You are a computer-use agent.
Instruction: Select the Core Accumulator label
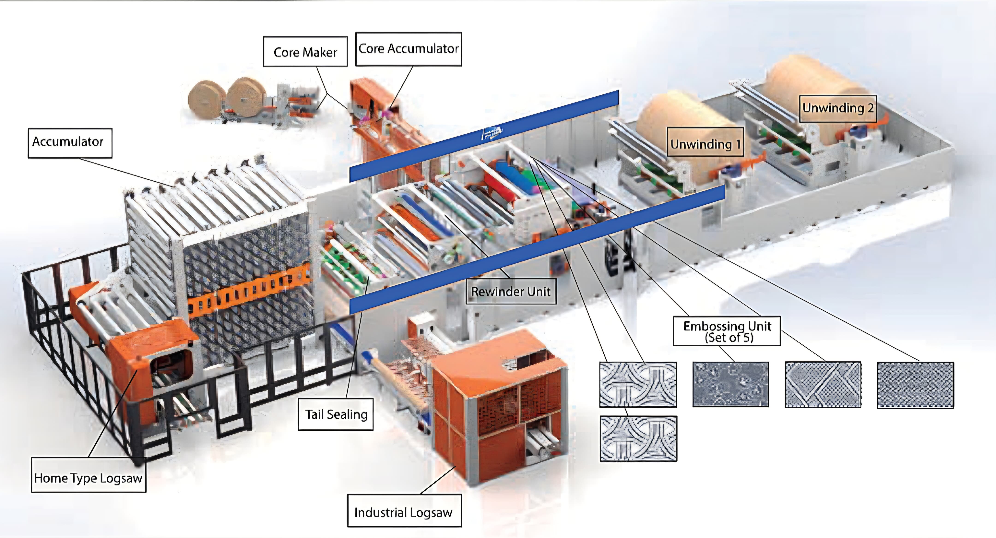coord(408,49)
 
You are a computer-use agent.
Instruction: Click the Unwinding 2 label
coord(837,108)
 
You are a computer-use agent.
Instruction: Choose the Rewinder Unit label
coord(511,291)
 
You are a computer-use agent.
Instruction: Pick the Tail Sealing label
coord(336,414)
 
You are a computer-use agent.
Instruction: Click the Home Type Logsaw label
coord(89,478)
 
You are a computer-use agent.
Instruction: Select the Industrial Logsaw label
coord(404,512)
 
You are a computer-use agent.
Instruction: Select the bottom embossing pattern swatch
coord(638,439)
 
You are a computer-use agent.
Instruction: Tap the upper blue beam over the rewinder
coord(483,135)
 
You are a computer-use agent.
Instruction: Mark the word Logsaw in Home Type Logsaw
coord(121,478)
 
